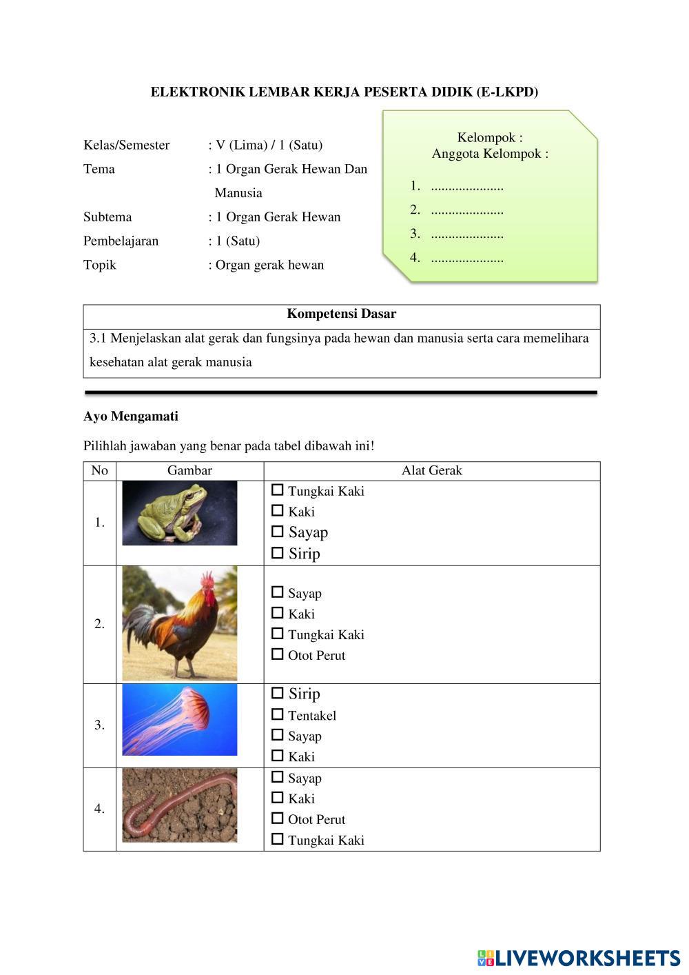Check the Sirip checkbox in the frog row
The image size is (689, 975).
point(278,553)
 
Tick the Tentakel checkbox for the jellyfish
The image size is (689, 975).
point(278,715)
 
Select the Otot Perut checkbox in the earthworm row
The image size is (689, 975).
point(278,818)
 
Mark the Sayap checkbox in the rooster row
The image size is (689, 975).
point(278,592)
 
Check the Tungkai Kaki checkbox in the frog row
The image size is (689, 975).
point(278,490)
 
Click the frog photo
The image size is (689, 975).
point(180,514)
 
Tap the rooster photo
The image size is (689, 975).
point(180,624)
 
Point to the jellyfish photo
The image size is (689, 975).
point(180,720)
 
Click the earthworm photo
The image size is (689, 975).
point(180,805)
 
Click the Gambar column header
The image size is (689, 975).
point(189,471)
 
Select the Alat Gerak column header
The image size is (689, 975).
point(432,471)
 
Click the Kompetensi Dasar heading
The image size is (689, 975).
point(341,314)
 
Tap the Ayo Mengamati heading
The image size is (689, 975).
point(131,416)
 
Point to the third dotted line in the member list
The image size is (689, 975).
point(467,234)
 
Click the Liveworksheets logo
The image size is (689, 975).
point(579,958)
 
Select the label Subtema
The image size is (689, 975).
point(107,217)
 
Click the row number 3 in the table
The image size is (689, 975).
point(100,725)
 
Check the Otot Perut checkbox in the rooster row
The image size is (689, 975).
point(278,654)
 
